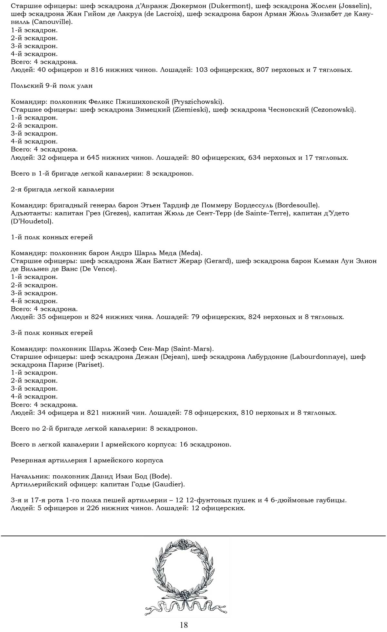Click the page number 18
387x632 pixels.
pyautogui.click(x=184, y=625)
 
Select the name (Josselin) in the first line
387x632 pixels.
pyautogui.click(x=353, y=6)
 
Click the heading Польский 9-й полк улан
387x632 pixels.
pyautogui.click(x=52, y=86)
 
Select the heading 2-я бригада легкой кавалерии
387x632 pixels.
pyautogui.click(x=62, y=189)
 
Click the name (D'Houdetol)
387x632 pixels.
pyautogui.click(x=32, y=221)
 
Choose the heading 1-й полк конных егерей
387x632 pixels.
pyautogui.click(x=52, y=237)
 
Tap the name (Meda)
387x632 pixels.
pyautogui.click(x=190, y=253)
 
